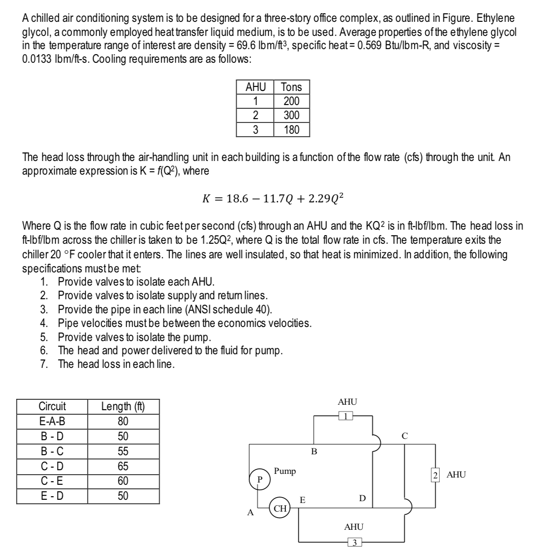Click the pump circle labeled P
tap(259, 479)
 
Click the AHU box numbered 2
tap(435, 474)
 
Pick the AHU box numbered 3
tap(355, 542)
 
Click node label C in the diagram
tap(404, 436)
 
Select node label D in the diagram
tap(362, 498)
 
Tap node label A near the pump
tap(249, 513)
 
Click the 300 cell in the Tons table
tap(291, 115)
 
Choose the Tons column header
tap(291, 87)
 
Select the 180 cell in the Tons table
tap(291, 130)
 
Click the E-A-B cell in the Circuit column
tap(52, 421)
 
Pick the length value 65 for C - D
tap(123, 466)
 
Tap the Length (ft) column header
tap(123, 406)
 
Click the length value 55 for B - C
tap(123, 451)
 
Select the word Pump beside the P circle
tap(285, 471)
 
